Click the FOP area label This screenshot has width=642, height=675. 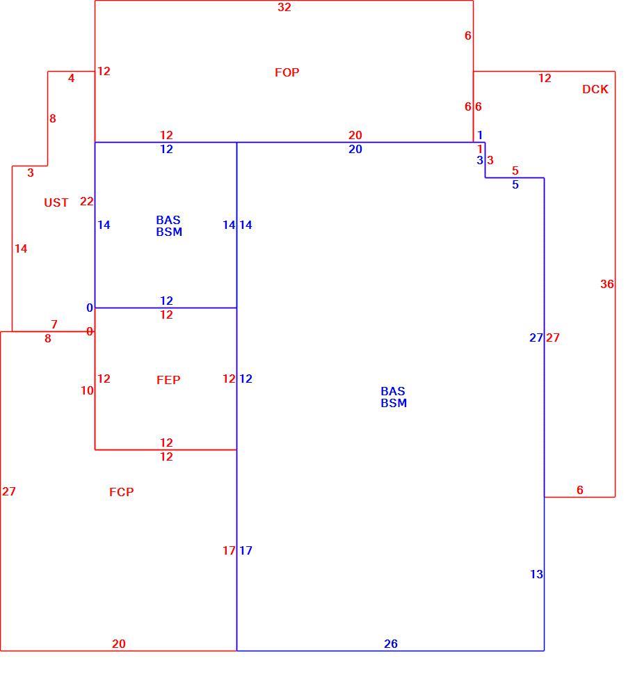287,72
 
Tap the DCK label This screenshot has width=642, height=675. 595,89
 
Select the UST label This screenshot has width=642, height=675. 56,202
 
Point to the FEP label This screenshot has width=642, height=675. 168,380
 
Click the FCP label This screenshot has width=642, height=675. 121,491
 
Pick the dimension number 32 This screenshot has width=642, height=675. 284,7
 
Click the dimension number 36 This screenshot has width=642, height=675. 607,284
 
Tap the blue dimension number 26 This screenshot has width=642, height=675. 391,644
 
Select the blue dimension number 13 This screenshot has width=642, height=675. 536,574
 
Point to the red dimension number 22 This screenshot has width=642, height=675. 86,201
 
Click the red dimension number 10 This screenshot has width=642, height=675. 87,390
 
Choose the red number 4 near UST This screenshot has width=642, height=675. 71,78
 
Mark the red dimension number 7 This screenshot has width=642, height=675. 54,324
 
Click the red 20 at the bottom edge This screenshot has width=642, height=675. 119,644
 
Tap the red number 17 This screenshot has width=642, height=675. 229,550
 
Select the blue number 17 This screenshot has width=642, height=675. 246,550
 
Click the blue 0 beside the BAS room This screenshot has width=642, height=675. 90,308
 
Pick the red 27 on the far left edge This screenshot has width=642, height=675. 8,491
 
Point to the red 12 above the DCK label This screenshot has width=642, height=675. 545,78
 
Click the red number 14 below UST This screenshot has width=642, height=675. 21,248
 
